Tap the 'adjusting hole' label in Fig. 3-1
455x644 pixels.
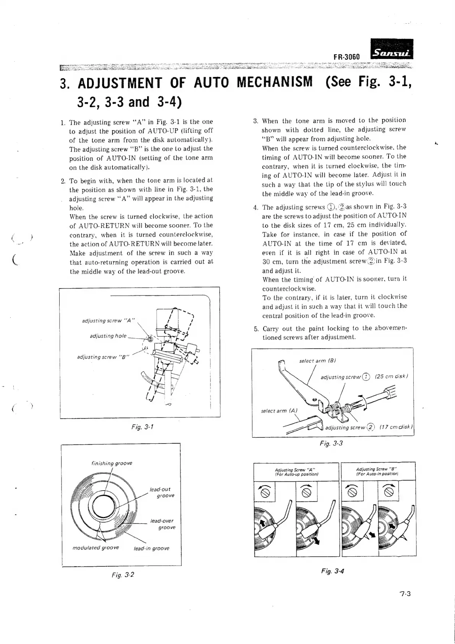pyautogui.click(x=108, y=336)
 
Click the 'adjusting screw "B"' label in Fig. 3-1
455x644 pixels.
pyautogui.click(x=103, y=357)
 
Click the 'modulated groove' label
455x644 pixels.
pyautogui.click(x=96, y=548)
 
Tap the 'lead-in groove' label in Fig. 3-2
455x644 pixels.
pyautogui.click(x=152, y=548)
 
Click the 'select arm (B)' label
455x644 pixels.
pyautogui.click(x=317, y=361)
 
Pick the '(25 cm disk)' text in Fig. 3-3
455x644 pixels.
pyautogui.click(x=392, y=376)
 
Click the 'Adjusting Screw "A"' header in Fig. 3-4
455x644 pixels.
pyautogui.click(x=296, y=472)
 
